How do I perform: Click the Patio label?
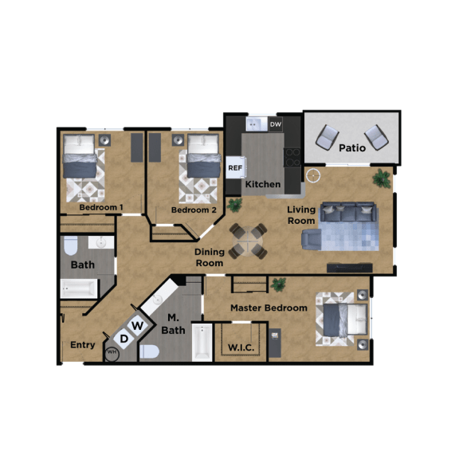(351, 148)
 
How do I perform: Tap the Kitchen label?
(262, 185)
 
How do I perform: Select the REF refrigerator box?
(235, 168)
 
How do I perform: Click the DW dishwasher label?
(276, 125)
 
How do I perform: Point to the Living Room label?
(301, 215)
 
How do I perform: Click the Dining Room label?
(209, 257)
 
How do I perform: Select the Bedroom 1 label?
(100, 208)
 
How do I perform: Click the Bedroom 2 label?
(194, 210)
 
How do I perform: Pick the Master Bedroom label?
(269, 308)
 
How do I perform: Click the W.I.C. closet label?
(240, 347)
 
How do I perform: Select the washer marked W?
(138, 325)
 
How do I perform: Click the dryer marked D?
(124, 339)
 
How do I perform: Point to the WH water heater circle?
(112, 353)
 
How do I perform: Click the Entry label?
(83, 345)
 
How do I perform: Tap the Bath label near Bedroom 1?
(82, 265)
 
